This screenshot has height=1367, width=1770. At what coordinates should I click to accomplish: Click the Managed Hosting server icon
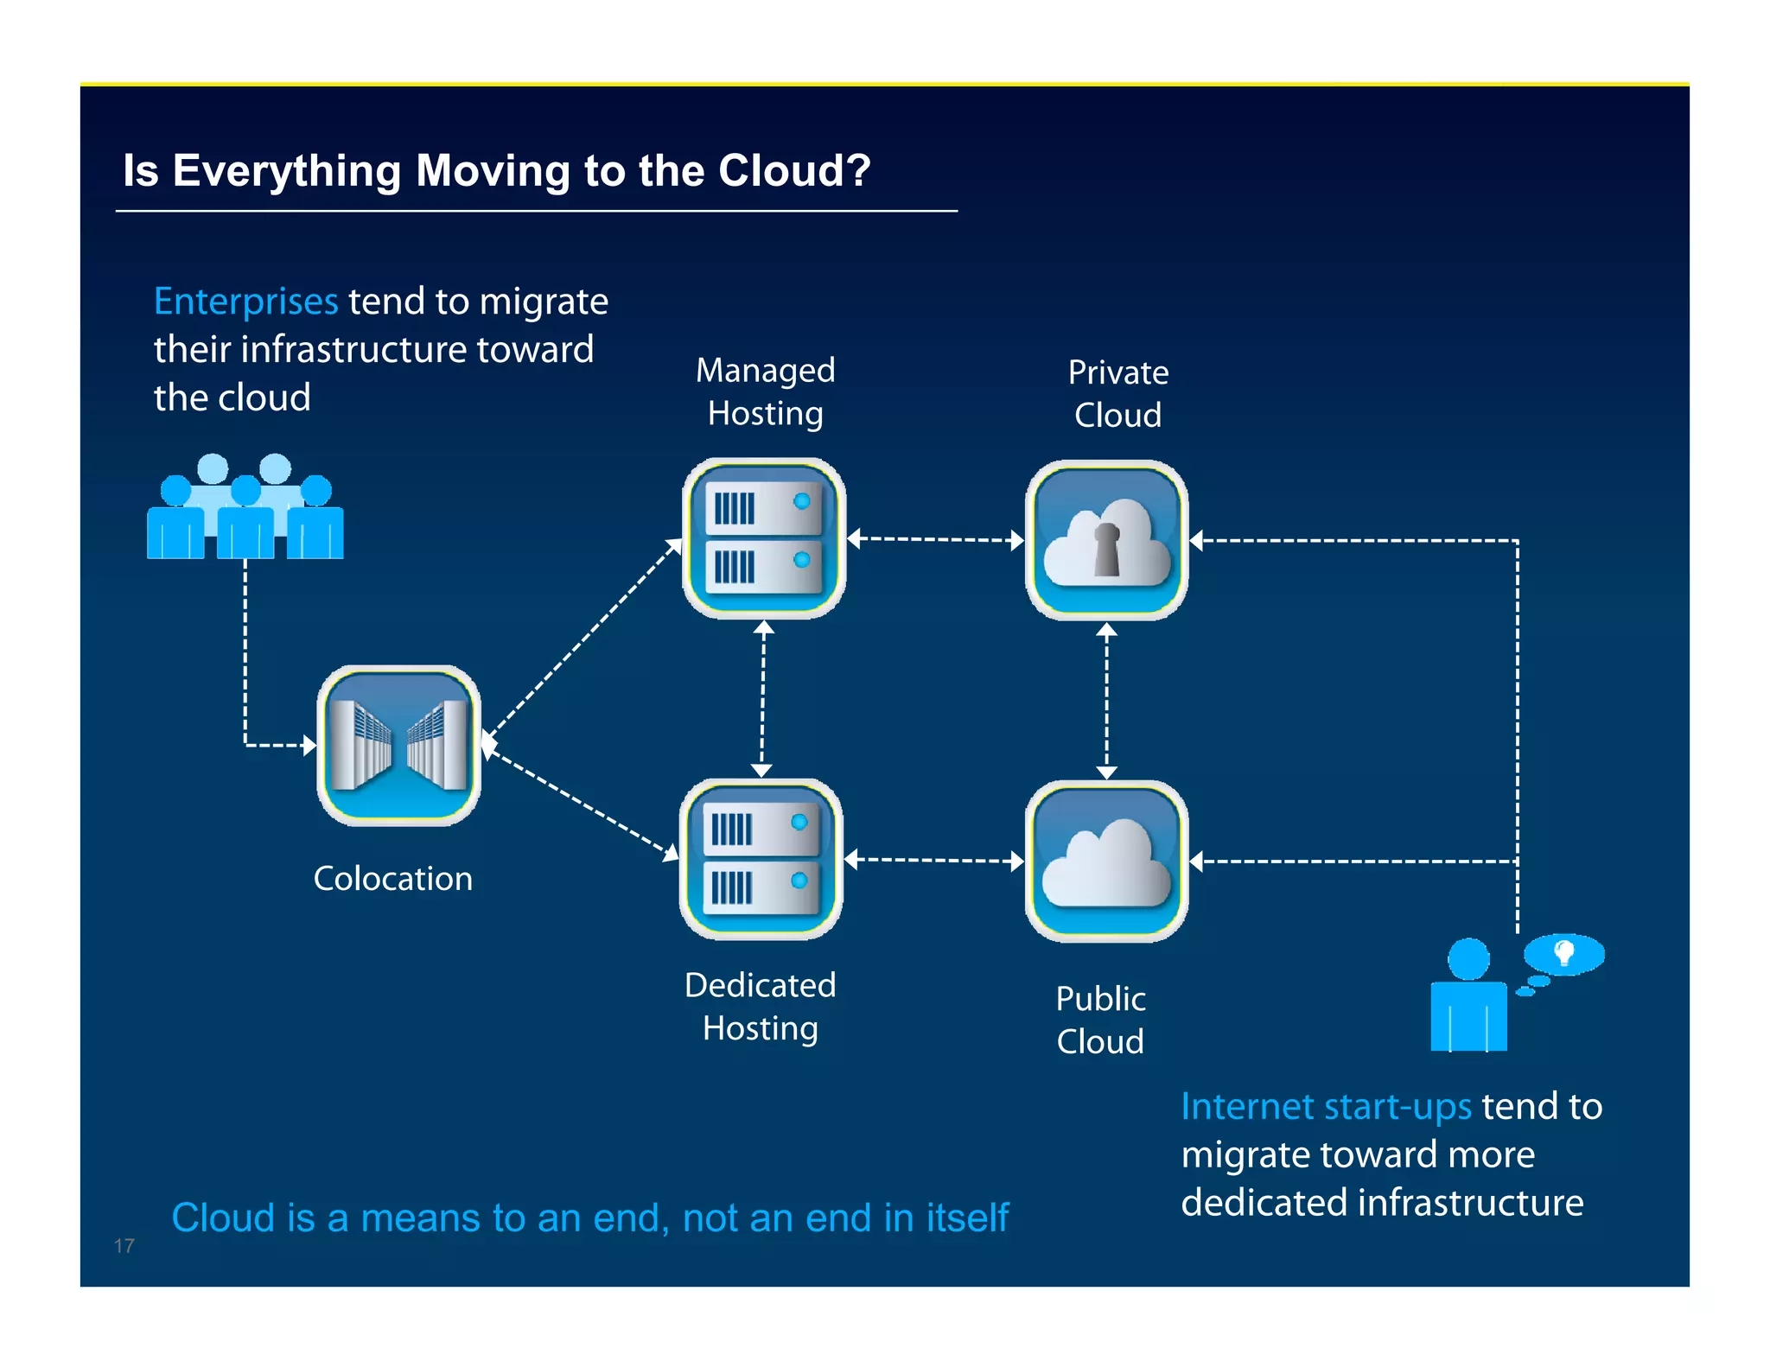tap(764, 537)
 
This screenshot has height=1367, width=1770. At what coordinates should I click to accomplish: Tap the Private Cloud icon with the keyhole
tap(1106, 539)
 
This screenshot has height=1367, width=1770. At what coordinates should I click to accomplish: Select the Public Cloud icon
tap(1106, 861)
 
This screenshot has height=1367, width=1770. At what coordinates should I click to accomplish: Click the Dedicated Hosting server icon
tap(761, 859)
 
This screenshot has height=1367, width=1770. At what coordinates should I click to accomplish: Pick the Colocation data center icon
tap(398, 745)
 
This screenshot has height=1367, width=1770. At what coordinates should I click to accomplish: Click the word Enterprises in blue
tap(245, 302)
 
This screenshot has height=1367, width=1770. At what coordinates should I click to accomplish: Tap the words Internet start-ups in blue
tap(1326, 1107)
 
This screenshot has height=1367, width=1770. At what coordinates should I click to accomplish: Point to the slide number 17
tap(124, 1245)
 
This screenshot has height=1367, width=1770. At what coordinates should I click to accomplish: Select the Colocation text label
tap(392, 879)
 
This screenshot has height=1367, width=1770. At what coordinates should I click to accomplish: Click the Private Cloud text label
tap(1117, 393)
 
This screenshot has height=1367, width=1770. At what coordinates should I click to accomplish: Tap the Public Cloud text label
tap(1100, 1020)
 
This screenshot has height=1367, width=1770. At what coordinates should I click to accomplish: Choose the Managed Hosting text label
tap(765, 391)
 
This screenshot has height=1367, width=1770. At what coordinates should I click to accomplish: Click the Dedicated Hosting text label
tap(760, 1006)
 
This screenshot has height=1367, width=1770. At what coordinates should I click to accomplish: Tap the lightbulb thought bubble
tap(1563, 954)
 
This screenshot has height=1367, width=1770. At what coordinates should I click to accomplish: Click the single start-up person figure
tap(1468, 998)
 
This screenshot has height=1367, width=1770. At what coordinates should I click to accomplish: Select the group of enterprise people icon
tap(245, 508)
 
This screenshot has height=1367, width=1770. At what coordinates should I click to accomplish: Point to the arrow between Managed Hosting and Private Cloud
tap(935, 539)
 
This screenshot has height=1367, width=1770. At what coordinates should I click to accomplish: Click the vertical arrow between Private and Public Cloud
tap(1106, 700)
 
